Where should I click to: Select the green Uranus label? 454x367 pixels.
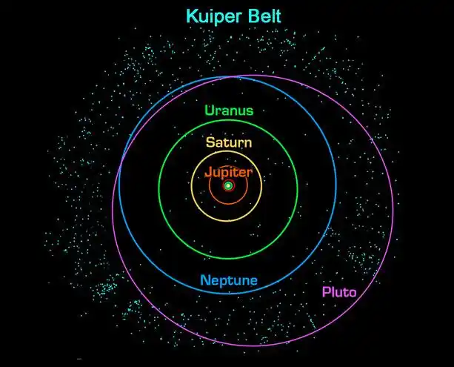(x=229, y=111)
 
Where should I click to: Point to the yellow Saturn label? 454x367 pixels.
(x=229, y=142)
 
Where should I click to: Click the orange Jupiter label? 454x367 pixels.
(x=228, y=171)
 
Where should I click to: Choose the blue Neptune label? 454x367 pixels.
(x=229, y=281)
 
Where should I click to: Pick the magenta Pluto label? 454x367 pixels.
(x=339, y=292)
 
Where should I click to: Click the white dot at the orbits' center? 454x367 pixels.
(x=229, y=185)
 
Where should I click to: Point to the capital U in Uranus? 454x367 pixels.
(x=210, y=111)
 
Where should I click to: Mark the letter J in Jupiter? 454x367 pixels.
(x=208, y=171)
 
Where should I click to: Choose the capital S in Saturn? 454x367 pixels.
(x=210, y=142)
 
